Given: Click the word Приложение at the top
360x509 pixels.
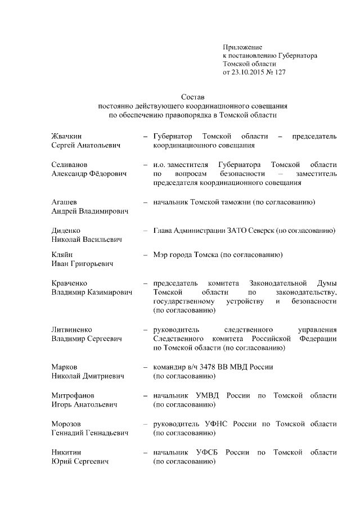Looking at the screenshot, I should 242,47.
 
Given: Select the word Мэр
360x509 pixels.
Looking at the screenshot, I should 160,255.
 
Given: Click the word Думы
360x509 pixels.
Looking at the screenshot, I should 327,283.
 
